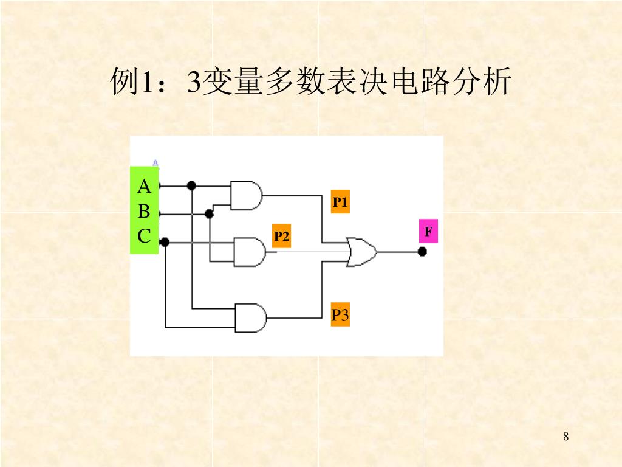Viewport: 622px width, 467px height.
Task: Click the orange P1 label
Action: point(340,202)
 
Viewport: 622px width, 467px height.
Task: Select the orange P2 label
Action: point(281,236)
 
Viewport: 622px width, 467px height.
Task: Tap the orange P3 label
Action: point(340,315)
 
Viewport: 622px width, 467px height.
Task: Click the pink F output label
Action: point(428,232)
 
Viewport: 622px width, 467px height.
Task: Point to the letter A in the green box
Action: point(144,185)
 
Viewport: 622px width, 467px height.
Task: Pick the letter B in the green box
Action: point(144,211)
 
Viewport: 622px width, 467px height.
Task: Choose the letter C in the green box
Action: point(144,236)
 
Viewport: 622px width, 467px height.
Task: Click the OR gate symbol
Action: point(361,251)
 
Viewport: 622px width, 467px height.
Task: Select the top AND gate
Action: point(246,195)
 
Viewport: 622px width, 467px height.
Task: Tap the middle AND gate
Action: point(250,252)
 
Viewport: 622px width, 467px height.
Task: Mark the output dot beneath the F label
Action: point(422,251)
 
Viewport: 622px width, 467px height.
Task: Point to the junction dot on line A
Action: point(191,185)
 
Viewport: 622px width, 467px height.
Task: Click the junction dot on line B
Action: point(210,214)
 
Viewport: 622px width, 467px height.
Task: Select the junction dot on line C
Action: point(165,243)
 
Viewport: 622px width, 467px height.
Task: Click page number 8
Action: point(566,436)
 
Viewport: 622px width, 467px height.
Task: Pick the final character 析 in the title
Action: point(496,82)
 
